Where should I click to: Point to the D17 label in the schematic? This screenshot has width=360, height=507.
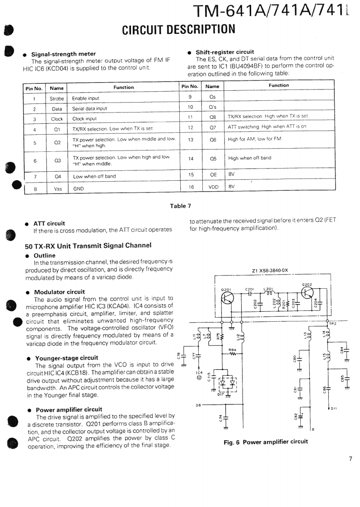coord(220,394)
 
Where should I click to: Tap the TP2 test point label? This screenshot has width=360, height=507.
coord(333,324)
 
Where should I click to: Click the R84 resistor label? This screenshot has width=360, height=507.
coord(232,350)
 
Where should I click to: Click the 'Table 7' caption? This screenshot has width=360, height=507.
coord(180,206)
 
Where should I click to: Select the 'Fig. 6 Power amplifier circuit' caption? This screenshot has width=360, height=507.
coord(266,442)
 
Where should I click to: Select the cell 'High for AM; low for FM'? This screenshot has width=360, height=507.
coord(255,139)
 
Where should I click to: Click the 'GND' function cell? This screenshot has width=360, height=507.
coord(79,189)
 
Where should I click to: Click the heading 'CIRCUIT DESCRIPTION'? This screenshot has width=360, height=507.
coord(179,29)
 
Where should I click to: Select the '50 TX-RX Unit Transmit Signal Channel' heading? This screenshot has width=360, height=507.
coord(88,245)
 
